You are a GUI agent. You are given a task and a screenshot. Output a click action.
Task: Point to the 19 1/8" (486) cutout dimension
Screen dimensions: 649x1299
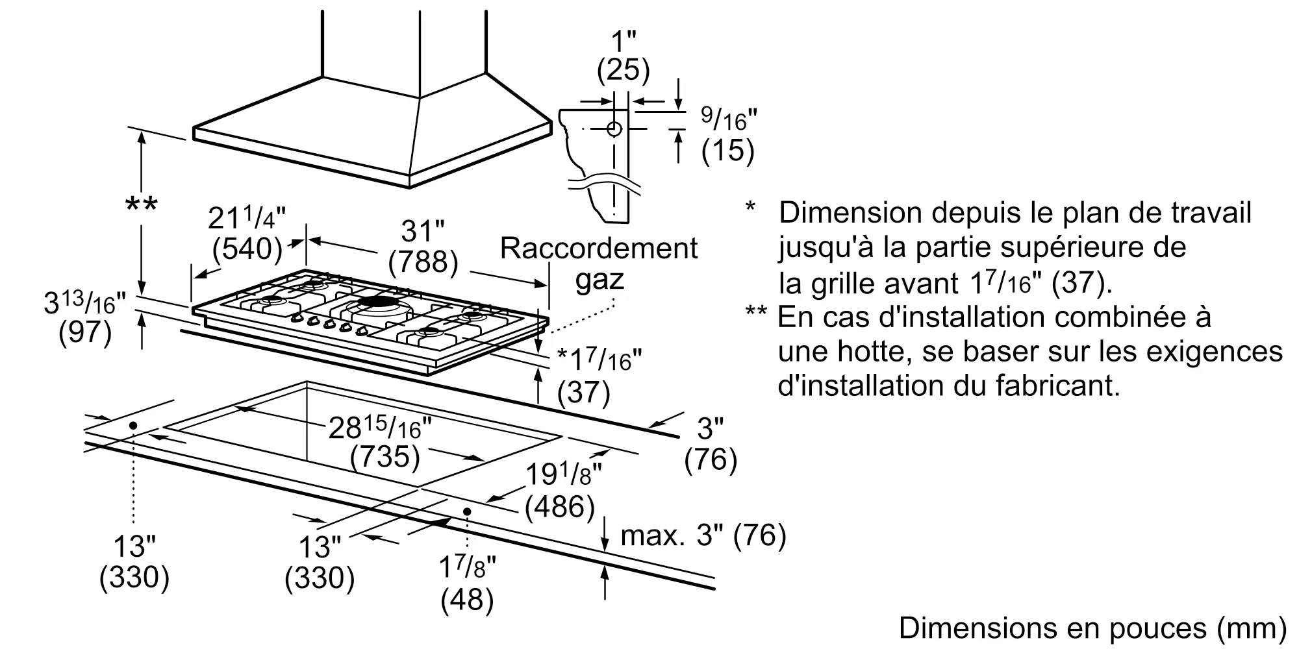tap(559, 491)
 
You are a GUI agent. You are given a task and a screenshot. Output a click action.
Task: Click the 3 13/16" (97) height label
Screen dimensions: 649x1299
tap(84, 318)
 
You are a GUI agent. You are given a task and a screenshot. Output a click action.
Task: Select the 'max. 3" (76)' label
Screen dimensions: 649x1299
tap(703, 535)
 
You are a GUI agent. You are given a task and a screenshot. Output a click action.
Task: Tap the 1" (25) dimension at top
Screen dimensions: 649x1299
tap(623, 55)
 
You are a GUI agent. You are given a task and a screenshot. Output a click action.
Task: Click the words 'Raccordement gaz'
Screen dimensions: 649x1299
tap(599, 263)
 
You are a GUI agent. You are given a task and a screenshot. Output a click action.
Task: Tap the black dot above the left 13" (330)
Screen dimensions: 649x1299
tap(133, 426)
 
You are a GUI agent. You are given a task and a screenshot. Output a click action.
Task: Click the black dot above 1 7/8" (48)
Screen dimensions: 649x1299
tap(467, 511)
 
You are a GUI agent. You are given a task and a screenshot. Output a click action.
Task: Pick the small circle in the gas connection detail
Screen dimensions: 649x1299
tap(614, 129)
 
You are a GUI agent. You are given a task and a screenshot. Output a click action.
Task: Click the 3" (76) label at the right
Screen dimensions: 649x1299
tap(711, 445)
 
